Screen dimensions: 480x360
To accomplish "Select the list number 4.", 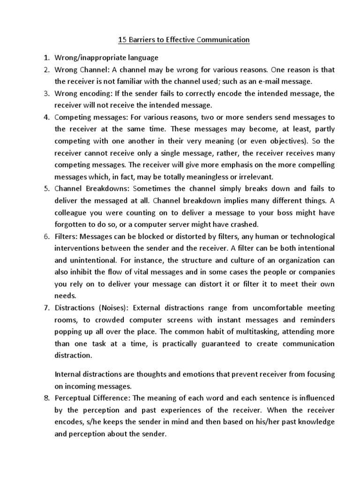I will [x=46, y=117].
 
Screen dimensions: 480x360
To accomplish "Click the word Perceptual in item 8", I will [x=75, y=398].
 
